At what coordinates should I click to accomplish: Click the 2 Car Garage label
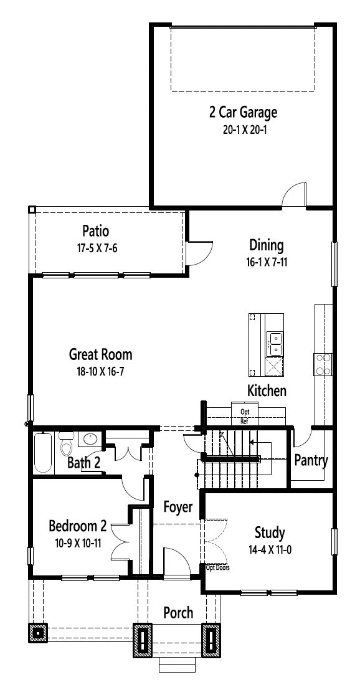coord(243,113)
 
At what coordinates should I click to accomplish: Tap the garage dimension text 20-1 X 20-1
coord(243,130)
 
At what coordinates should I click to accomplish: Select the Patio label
coord(95,230)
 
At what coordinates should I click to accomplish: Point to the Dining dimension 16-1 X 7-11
coord(267,262)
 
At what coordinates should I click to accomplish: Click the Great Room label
coord(101,354)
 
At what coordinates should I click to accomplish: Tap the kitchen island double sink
coord(275,344)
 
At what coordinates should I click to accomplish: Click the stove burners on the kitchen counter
coord(323,364)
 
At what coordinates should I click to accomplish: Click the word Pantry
coord(311,461)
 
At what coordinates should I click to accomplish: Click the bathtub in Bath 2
coord(43,452)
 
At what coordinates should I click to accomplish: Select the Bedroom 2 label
coord(78,526)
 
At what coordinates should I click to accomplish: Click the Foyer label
coord(178,507)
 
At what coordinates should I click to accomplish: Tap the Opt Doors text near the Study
coord(218,568)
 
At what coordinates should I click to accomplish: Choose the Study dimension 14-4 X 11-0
coord(269,550)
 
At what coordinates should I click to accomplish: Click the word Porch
coord(178,613)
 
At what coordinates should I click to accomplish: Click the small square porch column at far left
coord(38,633)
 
